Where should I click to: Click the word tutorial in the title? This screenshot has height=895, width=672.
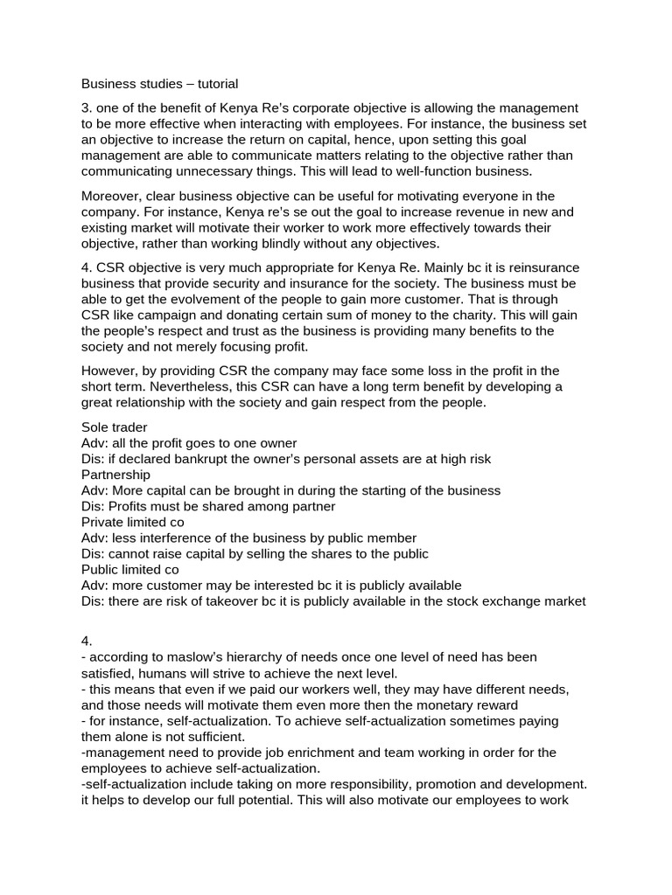[211, 85]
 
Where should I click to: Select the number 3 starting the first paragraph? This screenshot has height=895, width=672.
[86, 108]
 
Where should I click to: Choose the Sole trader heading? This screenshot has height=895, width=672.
[115, 427]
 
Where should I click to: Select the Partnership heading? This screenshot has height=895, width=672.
[115, 475]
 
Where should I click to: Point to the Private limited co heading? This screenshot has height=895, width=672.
[129, 522]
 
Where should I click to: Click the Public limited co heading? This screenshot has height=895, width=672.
[128, 569]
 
